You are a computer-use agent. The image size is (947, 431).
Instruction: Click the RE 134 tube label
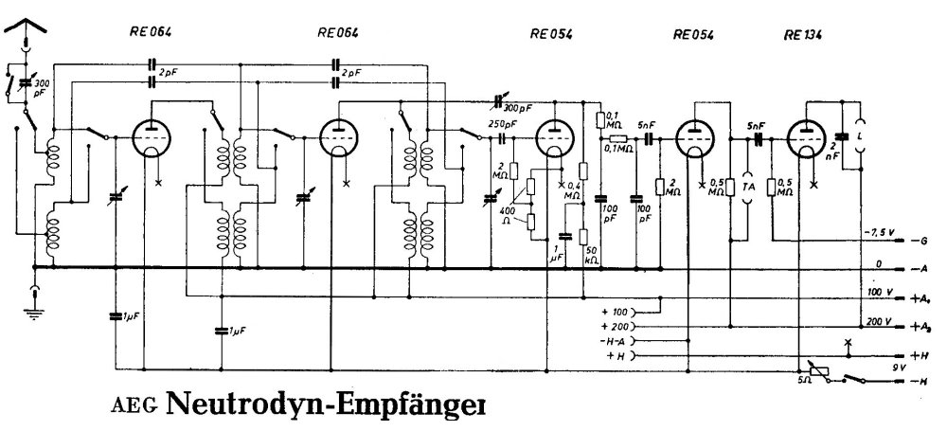(803, 35)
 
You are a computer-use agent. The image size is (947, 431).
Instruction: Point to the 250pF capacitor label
(503, 124)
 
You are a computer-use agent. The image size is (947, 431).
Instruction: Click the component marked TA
(747, 188)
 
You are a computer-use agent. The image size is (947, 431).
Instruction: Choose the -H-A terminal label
(614, 339)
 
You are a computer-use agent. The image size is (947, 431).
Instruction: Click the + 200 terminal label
(616, 325)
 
